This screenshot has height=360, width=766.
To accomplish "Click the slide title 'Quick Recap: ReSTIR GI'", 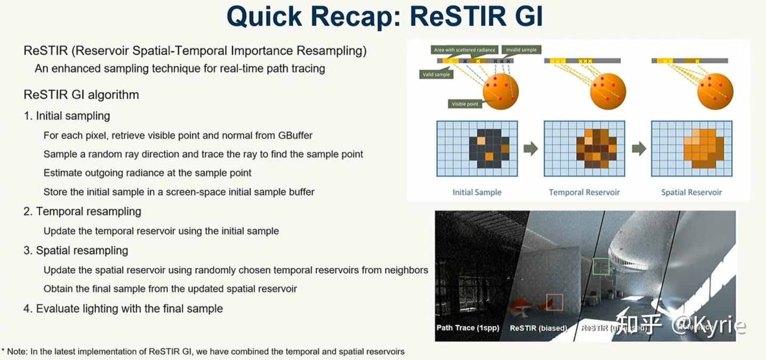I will [x=385, y=17].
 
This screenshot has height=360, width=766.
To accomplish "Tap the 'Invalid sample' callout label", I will [x=521, y=49].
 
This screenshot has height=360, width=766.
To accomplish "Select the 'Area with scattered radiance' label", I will [x=464, y=49].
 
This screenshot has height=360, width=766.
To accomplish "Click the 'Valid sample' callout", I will [x=436, y=74].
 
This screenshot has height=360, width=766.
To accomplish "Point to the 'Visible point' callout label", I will [x=465, y=104].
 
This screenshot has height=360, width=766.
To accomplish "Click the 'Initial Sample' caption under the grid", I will [x=477, y=192].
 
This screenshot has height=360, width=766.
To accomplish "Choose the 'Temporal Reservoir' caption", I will [x=584, y=192].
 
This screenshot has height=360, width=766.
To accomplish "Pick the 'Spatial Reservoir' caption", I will [x=692, y=192].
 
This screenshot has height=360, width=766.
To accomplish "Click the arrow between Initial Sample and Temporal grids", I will [x=530, y=148].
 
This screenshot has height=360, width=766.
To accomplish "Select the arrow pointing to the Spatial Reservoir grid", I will [x=638, y=148].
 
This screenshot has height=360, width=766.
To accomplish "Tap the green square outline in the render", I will [x=601, y=266].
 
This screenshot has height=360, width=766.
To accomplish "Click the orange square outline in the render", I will [x=554, y=302].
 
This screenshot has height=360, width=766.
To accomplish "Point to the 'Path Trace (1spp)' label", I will [x=468, y=328].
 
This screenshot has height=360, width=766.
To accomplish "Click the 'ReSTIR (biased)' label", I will [x=538, y=328].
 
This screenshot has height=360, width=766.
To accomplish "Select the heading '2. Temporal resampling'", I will [x=82, y=212].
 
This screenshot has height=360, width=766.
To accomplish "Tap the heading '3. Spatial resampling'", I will [x=76, y=250].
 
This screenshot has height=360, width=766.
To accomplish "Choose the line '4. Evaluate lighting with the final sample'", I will [x=123, y=308].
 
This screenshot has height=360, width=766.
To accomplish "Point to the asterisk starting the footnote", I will [x=3, y=351].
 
